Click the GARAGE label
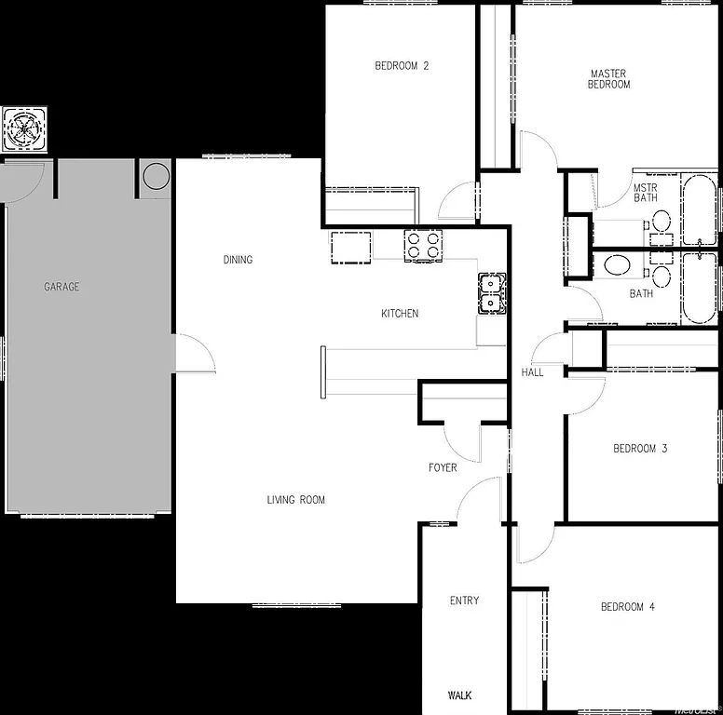pyautogui.click(x=61, y=287)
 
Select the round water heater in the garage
pyautogui.click(x=156, y=175)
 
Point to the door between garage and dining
pyautogui.click(x=195, y=354)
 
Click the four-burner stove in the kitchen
pyautogui.click(x=422, y=246)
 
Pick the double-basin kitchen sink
pyautogui.click(x=491, y=291)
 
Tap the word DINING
pyautogui.click(x=238, y=260)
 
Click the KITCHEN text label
pyautogui.click(x=400, y=314)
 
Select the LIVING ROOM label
pyautogui.click(x=296, y=500)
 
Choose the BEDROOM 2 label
pyautogui.click(x=402, y=66)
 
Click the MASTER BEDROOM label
pyautogui.click(x=608, y=79)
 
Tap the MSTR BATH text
pyautogui.click(x=646, y=192)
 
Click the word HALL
pyautogui.click(x=532, y=372)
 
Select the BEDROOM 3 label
pyautogui.click(x=640, y=449)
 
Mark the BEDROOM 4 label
pyautogui.click(x=627, y=607)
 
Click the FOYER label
pyautogui.click(x=443, y=467)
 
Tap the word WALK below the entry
pyautogui.click(x=460, y=695)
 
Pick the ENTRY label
pyautogui.click(x=464, y=600)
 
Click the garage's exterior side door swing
pyautogui.click(x=23, y=182)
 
